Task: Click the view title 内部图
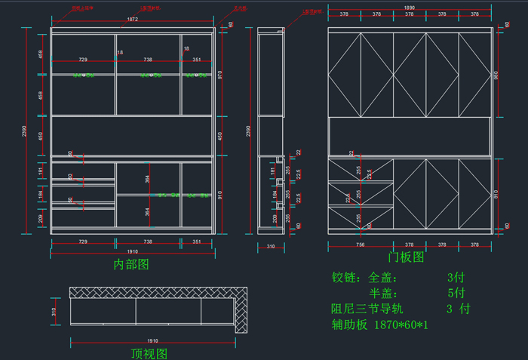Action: pos(131,264)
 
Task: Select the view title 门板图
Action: pos(406,257)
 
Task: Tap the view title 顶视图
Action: pos(149,352)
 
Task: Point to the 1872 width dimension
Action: pos(132,20)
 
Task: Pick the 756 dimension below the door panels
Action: pos(360,245)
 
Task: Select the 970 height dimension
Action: pos(220,75)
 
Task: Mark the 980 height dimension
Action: pos(496,75)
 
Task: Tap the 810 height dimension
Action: pos(496,193)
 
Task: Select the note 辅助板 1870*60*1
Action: pos(379,325)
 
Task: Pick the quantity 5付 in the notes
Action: pos(456,293)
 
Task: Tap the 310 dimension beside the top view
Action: pos(54,311)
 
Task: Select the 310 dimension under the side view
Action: pos(270,246)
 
